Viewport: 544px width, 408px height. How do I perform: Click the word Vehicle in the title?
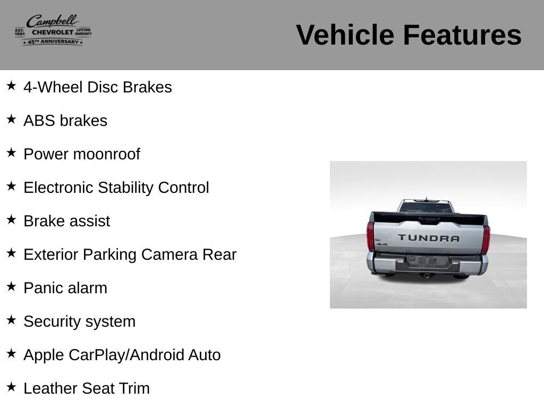(x=345, y=35)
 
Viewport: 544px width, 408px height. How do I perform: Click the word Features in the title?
(x=462, y=35)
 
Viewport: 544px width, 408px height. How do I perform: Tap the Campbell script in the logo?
(x=53, y=21)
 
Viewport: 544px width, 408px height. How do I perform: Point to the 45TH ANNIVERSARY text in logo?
(x=53, y=41)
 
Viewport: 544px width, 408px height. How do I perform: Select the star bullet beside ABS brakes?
(x=11, y=120)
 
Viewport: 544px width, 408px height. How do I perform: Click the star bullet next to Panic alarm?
(x=11, y=286)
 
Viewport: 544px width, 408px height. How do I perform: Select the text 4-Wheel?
(x=54, y=87)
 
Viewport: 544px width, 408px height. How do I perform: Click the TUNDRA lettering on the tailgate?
(x=429, y=238)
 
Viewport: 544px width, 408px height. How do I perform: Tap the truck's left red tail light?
(x=370, y=236)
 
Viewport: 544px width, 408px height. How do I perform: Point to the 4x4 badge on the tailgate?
(x=382, y=244)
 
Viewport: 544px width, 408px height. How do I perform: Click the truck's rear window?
(x=426, y=208)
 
